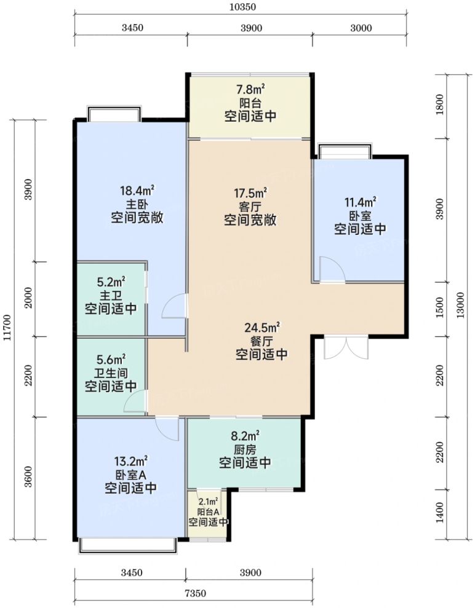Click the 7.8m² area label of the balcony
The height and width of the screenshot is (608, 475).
[250, 90]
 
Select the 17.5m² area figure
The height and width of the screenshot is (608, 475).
[250, 192]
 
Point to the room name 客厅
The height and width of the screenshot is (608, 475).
[250, 207]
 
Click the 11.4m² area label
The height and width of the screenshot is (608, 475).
[360, 202]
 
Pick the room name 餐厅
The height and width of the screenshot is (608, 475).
[262, 341]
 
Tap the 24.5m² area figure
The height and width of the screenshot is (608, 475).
[262, 328]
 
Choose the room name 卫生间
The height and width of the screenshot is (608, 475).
[111, 373]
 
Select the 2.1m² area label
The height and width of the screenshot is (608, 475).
[208, 502]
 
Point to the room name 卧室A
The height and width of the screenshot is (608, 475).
[130, 475]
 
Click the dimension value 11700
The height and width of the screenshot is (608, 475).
[7, 328]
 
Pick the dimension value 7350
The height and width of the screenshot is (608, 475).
[196, 593]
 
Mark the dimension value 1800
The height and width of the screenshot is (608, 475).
[440, 105]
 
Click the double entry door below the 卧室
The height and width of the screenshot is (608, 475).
[346, 347]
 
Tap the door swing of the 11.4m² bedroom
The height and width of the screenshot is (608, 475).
[332, 269]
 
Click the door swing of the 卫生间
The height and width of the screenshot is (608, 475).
[135, 401]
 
